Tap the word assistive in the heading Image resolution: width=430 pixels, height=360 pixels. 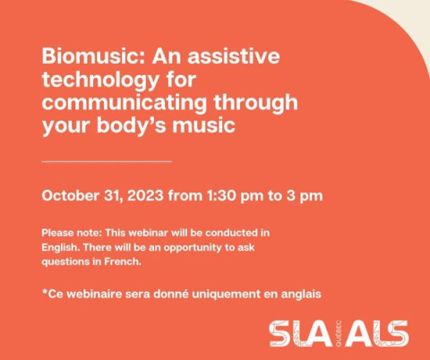pos(234,56)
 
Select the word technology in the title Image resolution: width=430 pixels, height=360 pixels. pos(100,81)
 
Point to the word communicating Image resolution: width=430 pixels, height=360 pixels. pos(125,102)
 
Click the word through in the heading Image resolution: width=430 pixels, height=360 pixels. pos(256,102)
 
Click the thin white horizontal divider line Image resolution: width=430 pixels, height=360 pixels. pos(107,161)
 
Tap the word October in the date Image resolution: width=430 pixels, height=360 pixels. pos(71,196)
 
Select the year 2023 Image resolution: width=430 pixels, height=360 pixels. pos(145,196)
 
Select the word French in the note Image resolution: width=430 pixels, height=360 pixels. pos(123,261)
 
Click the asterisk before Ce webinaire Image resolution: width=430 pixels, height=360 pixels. pos(45,292)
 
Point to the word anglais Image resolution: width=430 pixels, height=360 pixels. pos(301,295)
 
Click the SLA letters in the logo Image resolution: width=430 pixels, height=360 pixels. pos(300,333)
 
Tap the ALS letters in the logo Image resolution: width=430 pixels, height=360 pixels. pos(376,333)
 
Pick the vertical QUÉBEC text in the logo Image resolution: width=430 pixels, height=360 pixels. pos(339,333)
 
